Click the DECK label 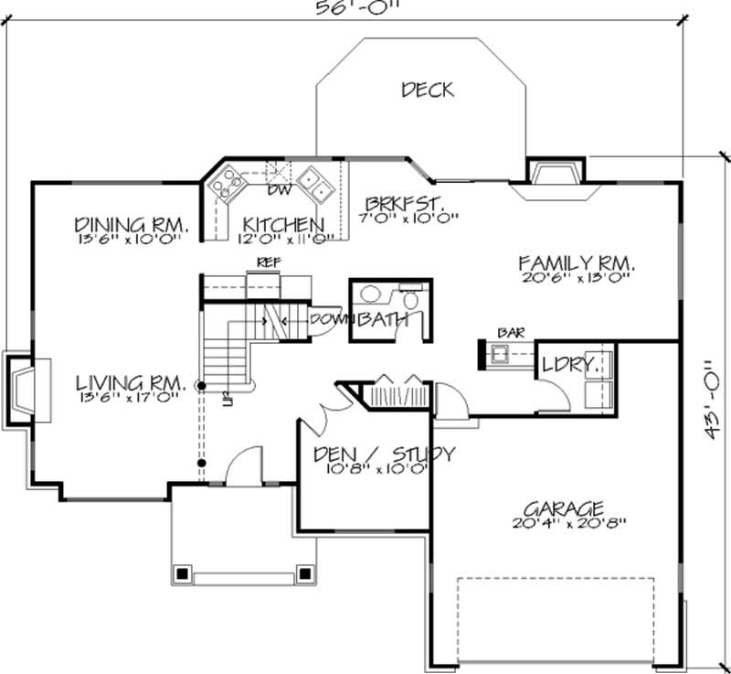[428, 90]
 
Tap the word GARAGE [563, 508]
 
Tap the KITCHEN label [282, 225]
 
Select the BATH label [384, 320]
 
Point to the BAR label [508, 333]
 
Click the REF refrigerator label [268, 263]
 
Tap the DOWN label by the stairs [327, 319]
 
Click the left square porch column [181, 574]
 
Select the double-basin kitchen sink [312, 183]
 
